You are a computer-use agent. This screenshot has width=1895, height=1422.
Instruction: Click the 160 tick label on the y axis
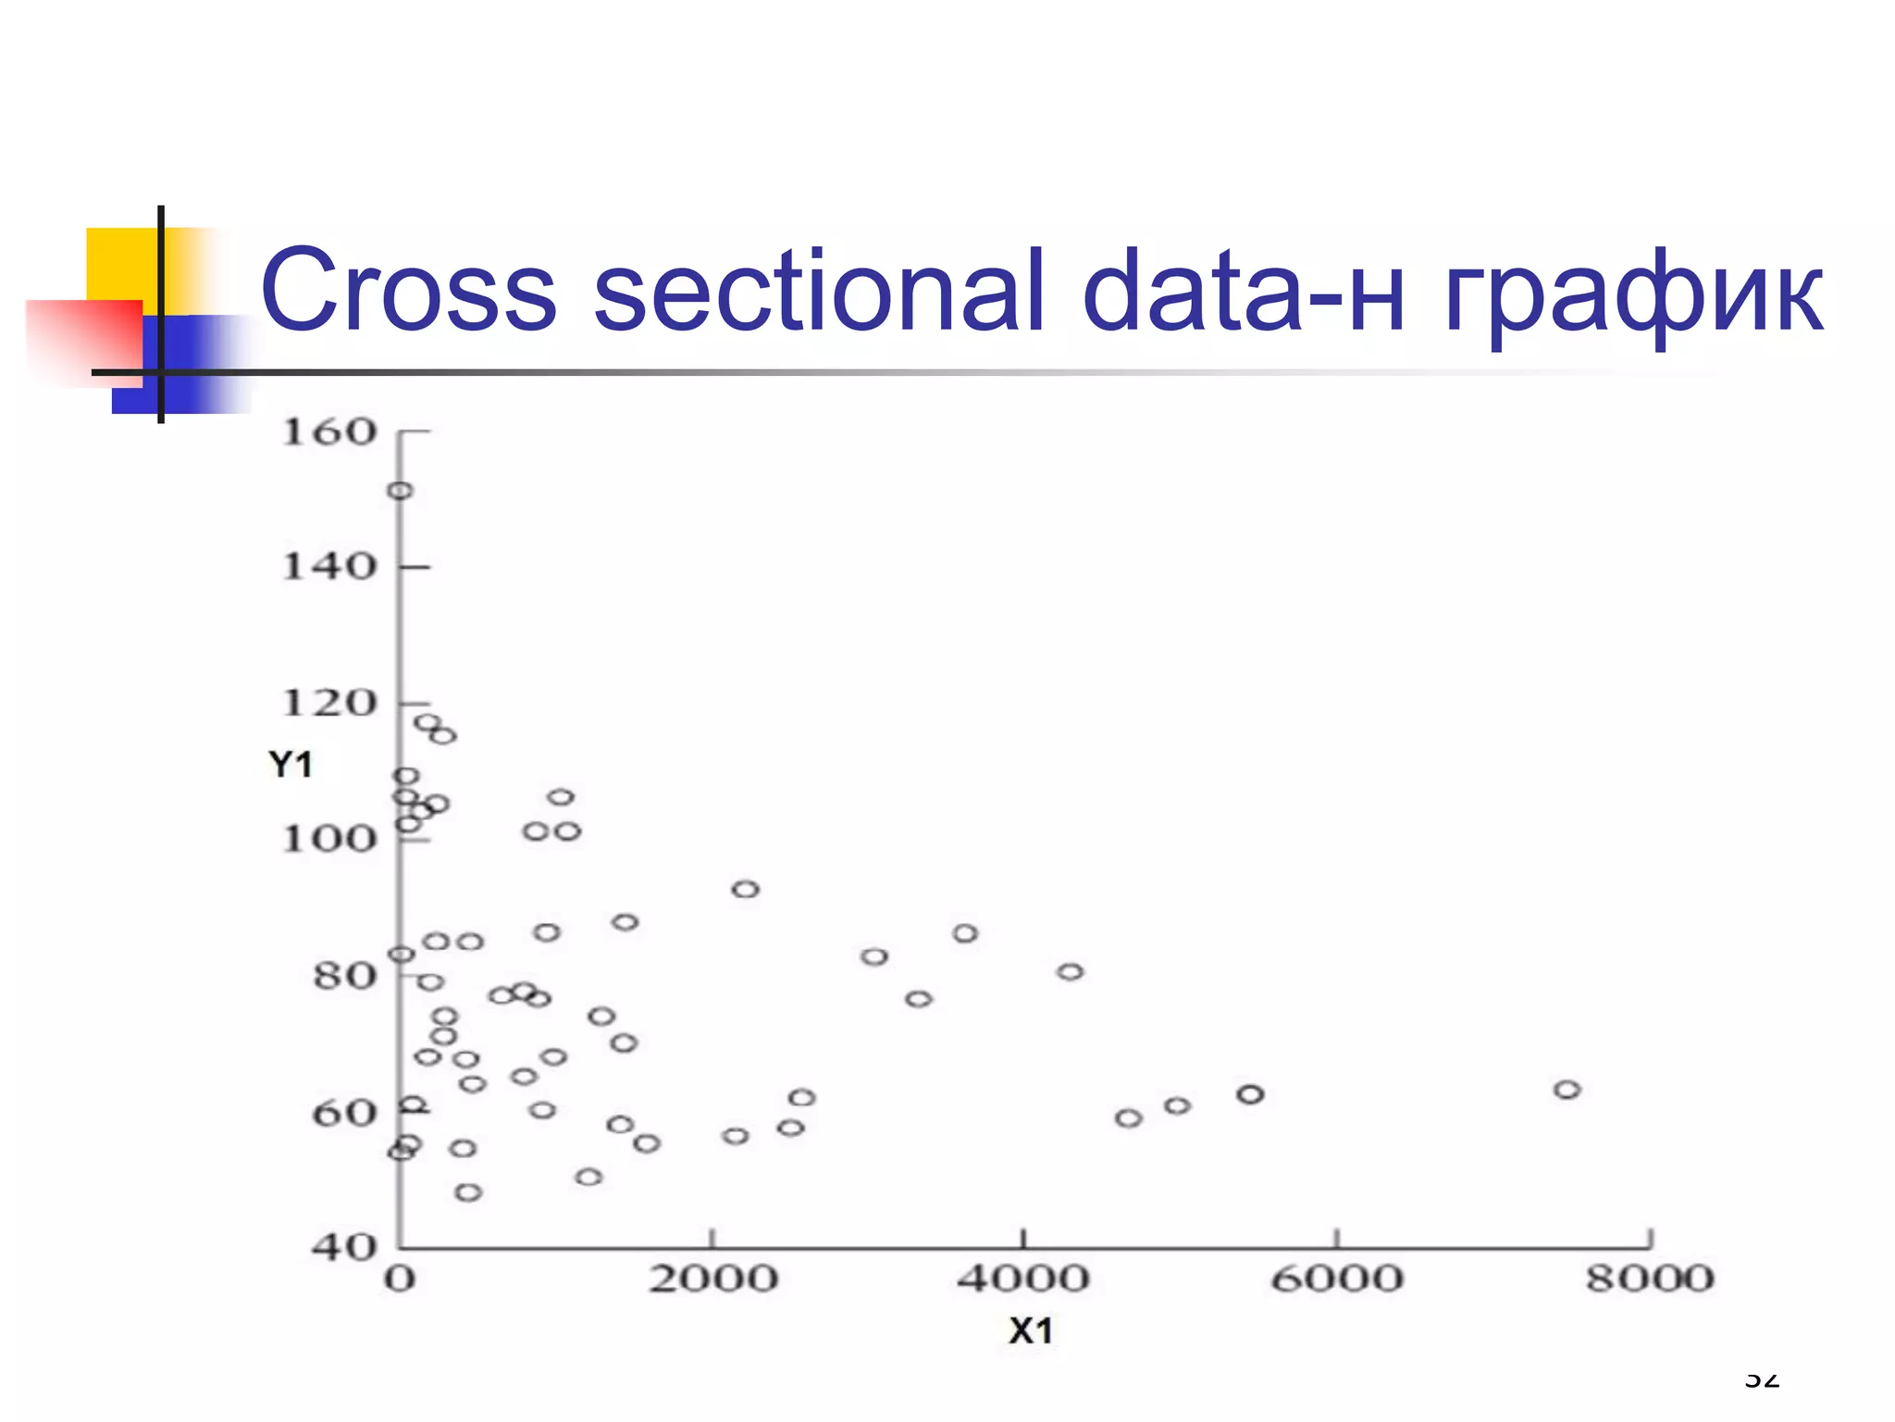pyautogui.click(x=329, y=432)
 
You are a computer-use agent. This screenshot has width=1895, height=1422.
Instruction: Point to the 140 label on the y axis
pyautogui.click(x=329, y=567)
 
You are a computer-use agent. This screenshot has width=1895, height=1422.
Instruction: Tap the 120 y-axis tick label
pyautogui.click(x=329, y=704)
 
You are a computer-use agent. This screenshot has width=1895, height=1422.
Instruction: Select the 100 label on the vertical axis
pyautogui.click(x=329, y=840)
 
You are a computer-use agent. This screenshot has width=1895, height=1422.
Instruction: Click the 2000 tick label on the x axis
pyautogui.click(x=712, y=1279)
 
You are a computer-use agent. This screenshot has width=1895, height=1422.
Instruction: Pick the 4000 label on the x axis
pyautogui.click(x=1023, y=1279)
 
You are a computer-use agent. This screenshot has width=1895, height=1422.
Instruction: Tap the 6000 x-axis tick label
pyautogui.click(x=1337, y=1279)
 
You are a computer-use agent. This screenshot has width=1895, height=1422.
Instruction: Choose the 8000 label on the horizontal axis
pyautogui.click(x=1650, y=1279)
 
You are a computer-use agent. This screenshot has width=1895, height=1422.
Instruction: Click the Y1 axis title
pyautogui.click(x=291, y=765)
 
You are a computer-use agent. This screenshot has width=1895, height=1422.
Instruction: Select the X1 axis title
pyautogui.click(x=1031, y=1331)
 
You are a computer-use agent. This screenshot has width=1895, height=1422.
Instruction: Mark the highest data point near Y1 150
pyautogui.click(x=400, y=491)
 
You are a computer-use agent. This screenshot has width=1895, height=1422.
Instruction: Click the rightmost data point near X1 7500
pyautogui.click(x=1567, y=1090)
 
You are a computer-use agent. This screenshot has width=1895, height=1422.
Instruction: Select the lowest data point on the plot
pyautogui.click(x=468, y=1192)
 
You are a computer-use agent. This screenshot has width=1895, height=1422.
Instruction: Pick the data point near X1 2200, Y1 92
pyautogui.click(x=746, y=890)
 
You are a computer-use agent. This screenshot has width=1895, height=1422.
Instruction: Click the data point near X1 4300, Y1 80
pyautogui.click(x=1071, y=972)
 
